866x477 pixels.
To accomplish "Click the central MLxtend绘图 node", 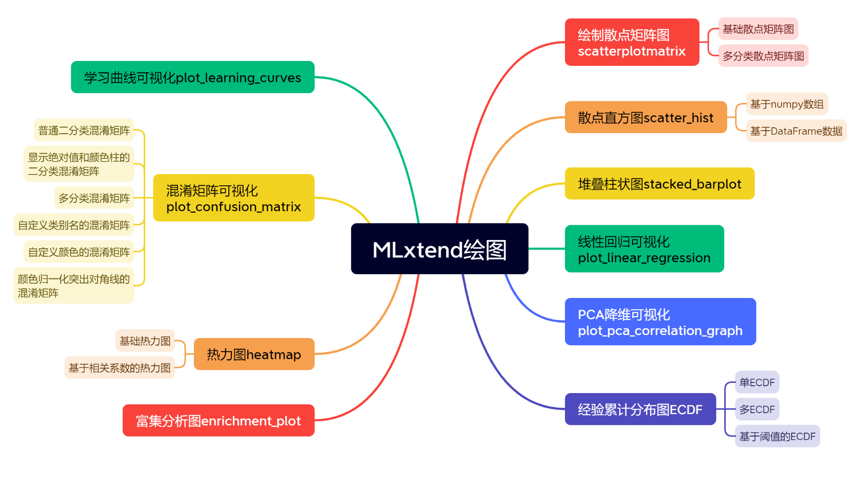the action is pyautogui.click(x=439, y=249).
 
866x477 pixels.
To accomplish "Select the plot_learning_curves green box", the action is pyautogui.click(x=193, y=77).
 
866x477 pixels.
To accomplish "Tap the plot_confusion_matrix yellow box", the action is pyautogui.click(x=234, y=198).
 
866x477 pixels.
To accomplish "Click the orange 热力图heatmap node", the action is pyautogui.click(x=254, y=354).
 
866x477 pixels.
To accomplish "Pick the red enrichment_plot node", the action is pyautogui.click(x=219, y=420).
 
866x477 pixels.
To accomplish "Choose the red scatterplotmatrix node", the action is pyautogui.click(x=632, y=42).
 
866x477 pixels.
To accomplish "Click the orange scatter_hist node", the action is pyautogui.click(x=646, y=117).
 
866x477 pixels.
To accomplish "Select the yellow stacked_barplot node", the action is pyautogui.click(x=659, y=183).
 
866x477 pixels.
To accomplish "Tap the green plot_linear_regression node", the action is pyautogui.click(x=644, y=249).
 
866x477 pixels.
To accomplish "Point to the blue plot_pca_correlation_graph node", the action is pyautogui.click(x=660, y=321).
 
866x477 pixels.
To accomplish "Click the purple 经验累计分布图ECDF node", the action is pyautogui.click(x=640, y=409).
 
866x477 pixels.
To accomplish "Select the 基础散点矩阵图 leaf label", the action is pyautogui.click(x=758, y=29).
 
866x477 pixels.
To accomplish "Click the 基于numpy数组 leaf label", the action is pyautogui.click(x=787, y=104).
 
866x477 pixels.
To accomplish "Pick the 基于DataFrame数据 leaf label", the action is pyautogui.click(x=796, y=131).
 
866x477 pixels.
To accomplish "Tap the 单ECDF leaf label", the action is pyautogui.click(x=757, y=382).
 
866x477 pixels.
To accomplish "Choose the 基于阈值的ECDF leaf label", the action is pyautogui.click(x=777, y=436).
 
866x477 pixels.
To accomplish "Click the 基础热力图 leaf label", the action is pyautogui.click(x=145, y=340).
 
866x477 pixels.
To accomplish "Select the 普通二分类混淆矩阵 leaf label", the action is pyautogui.click(x=84, y=130).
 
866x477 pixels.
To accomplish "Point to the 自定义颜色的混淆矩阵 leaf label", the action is pyautogui.click(x=79, y=252).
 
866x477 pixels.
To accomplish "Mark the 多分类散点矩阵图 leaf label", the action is pyautogui.click(x=763, y=56).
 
